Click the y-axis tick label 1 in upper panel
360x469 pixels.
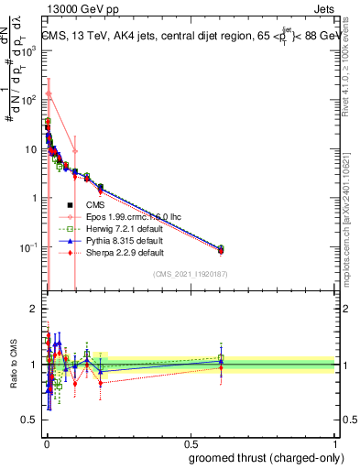coord(35,198)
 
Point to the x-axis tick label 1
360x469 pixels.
coord(333,442)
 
